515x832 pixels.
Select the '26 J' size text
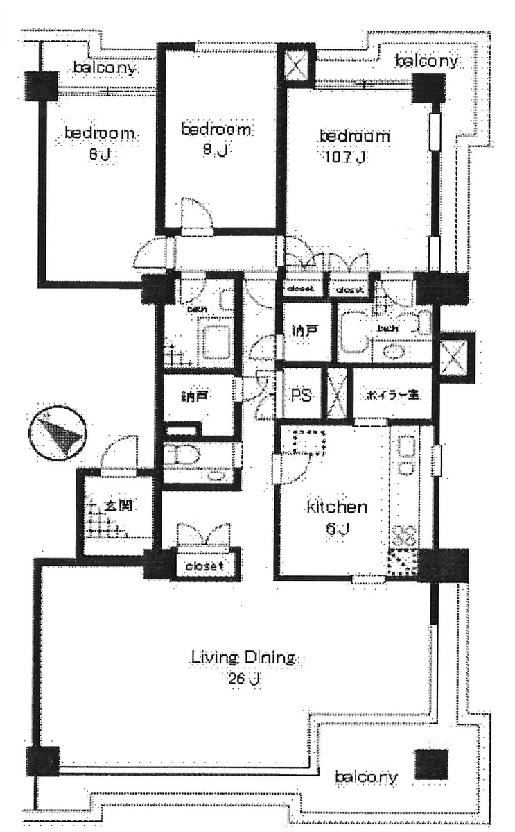click(x=242, y=678)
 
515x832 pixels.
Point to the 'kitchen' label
click(x=337, y=507)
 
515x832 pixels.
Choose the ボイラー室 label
click(x=393, y=396)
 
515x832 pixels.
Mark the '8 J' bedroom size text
click(x=98, y=155)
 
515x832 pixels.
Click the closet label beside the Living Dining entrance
click(x=204, y=566)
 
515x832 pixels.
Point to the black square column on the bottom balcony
click(x=431, y=765)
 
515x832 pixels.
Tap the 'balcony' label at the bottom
click(x=366, y=777)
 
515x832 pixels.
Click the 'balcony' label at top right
click(x=427, y=61)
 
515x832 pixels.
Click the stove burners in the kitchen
click(x=404, y=534)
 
